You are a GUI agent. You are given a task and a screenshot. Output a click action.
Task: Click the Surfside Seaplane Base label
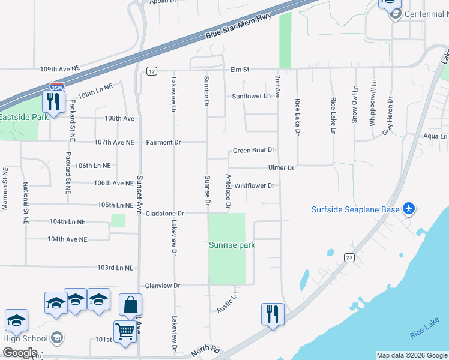coord(355,209)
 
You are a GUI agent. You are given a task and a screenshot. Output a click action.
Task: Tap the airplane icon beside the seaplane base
coord(409,208)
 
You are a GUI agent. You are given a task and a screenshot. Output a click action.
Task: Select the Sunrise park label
coord(232,245)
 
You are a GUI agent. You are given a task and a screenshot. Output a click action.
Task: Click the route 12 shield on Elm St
coord(151,71)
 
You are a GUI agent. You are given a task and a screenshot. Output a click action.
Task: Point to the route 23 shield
coord(350,257)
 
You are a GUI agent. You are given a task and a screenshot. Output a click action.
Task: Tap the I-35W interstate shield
coord(56,88)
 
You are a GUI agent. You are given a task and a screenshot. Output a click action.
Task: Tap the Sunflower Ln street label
coord(252,96)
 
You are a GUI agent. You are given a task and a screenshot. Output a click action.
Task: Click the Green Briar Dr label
coord(253,150)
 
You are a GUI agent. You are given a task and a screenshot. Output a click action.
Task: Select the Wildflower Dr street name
coord(254,186)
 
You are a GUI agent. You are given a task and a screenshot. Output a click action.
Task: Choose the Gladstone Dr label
coord(164,214)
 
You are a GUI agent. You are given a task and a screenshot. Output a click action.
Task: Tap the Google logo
coord(20,353)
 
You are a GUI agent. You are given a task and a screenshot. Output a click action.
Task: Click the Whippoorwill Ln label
coord(373,103)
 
